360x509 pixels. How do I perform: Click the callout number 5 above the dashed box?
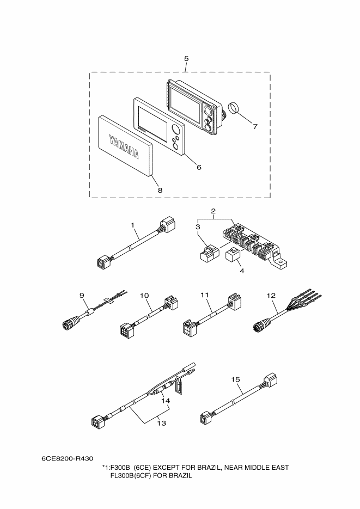click(x=186, y=57)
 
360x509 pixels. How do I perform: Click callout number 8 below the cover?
click(x=160, y=190)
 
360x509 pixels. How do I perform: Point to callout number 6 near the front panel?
click(x=199, y=167)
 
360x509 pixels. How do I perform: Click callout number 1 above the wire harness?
click(x=132, y=224)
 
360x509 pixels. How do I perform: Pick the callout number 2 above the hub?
click(x=213, y=211)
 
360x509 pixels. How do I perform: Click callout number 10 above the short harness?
click(x=144, y=296)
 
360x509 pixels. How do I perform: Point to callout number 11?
click(x=205, y=296)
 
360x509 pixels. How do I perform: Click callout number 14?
click(x=165, y=400)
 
